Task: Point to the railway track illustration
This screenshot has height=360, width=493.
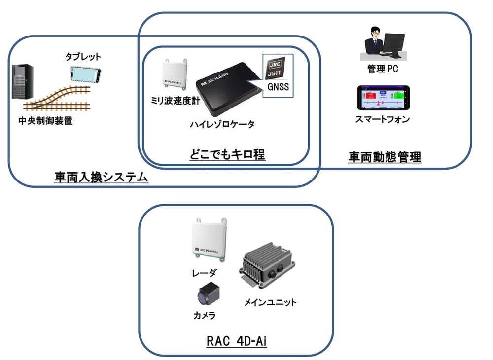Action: [59, 98]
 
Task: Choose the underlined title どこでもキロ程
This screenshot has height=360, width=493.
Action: [227, 155]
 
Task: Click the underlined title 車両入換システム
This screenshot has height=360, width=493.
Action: [101, 177]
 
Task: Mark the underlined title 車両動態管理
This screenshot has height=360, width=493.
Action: [385, 157]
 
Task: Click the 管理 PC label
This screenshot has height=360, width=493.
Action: [383, 69]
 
